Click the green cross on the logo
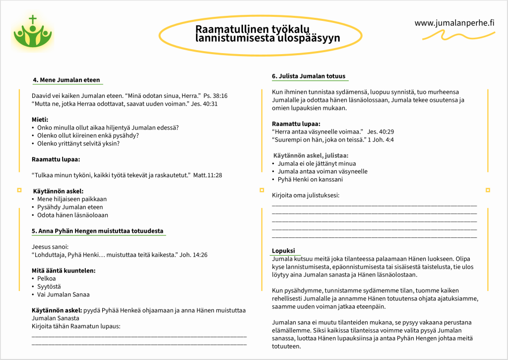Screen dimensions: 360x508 [x=33, y=20]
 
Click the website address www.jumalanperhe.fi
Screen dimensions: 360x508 [x=454, y=22]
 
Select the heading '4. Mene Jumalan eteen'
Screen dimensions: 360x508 [x=66, y=80]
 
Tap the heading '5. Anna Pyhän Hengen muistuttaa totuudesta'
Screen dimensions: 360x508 [x=97, y=231]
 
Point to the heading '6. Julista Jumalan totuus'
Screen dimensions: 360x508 [x=308, y=76]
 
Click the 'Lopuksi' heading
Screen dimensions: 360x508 [x=283, y=251]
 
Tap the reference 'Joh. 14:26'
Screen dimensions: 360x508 [x=193, y=255]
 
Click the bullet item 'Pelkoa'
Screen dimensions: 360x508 [x=47, y=279]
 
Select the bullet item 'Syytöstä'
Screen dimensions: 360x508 [x=49, y=287]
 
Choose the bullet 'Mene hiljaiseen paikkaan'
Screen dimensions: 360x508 [x=72, y=199]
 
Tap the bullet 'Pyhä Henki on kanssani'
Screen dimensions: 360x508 [x=310, y=179]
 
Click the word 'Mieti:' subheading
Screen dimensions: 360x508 [x=40, y=120]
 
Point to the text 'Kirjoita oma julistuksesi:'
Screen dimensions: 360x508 [x=306, y=195]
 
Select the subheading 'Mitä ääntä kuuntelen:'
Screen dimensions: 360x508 [x=63, y=271]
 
